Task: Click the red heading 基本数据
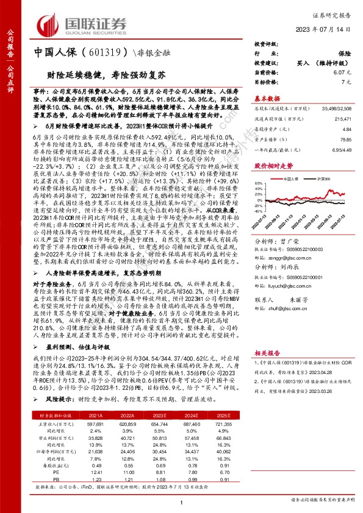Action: pos(267,98)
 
